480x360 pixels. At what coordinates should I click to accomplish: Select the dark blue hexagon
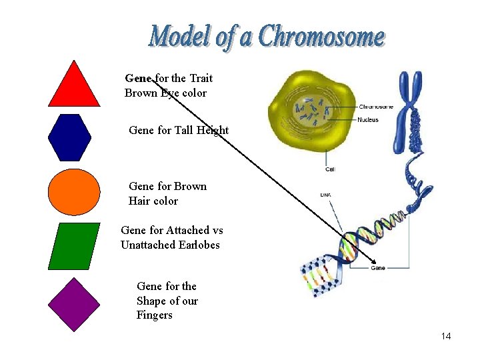pyautogui.click(x=70, y=137)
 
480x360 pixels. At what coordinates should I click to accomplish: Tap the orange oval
pyautogui.click(x=74, y=192)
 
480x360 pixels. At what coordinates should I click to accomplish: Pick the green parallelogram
pyautogui.click(x=74, y=245)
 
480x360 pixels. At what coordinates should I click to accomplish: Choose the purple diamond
pyautogui.click(x=74, y=304)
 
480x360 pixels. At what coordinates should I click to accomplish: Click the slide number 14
pyautogui.click(x=445, y=336)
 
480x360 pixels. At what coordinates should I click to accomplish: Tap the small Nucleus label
pyautogui.click(x=367, y=120)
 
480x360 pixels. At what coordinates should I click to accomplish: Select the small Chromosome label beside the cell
pyautogui.click(x=375, y=107)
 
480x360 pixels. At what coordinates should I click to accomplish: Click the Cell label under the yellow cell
pyautogui.click(x=330, y=169)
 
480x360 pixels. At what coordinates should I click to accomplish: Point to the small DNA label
pyautogui.click(x=325, y=195)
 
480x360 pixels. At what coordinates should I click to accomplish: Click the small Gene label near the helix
pyautogui.click(x=377, y=268)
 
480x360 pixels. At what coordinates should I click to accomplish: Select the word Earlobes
pyautogui.click(x=199, y=245)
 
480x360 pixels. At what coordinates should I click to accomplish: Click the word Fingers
pyautogui.click(x=154, y=315)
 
